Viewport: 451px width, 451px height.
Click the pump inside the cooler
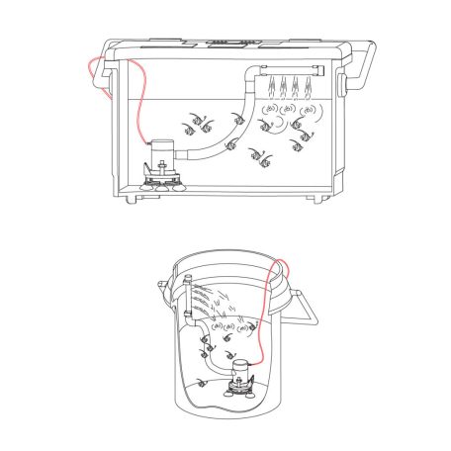pyautogui.click(x=161, y=157)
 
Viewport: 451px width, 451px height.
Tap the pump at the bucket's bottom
pyautogui.click(x=238, y=377)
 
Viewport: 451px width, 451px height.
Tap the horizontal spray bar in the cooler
pyautogui.click(x=293, y=66)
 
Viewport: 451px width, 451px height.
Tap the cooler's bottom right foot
pyautogui.click(x=318, y=200)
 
